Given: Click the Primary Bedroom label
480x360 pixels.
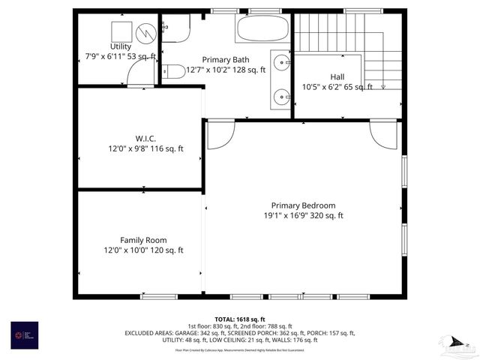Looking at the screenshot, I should point(303,205).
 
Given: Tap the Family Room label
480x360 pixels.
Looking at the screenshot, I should point(143,241).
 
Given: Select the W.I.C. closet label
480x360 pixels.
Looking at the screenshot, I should point(145,139).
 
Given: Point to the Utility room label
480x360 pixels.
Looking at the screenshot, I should point(120,46).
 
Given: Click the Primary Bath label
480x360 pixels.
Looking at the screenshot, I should point(225,60).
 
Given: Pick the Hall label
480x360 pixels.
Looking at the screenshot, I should point(337,76).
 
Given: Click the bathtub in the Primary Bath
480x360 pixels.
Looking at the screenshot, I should point(262,29).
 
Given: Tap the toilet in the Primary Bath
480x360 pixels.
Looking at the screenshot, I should point(173,72).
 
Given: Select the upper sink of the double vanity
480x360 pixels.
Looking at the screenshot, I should point(282,61).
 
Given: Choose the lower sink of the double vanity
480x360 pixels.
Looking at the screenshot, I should point(282,95).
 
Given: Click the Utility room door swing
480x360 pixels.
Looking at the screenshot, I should point(140,73).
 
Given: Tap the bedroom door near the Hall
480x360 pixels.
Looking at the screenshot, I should point(382,133).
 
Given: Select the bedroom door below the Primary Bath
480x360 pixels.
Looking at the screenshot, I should point(219,134).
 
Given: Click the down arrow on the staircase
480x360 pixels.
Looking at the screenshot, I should point(383,85).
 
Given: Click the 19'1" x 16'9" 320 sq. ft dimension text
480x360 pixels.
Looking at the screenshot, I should point(303,216).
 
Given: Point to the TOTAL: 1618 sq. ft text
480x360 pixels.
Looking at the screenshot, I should point(240,319).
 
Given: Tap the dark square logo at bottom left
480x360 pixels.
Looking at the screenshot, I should point(22,333).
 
